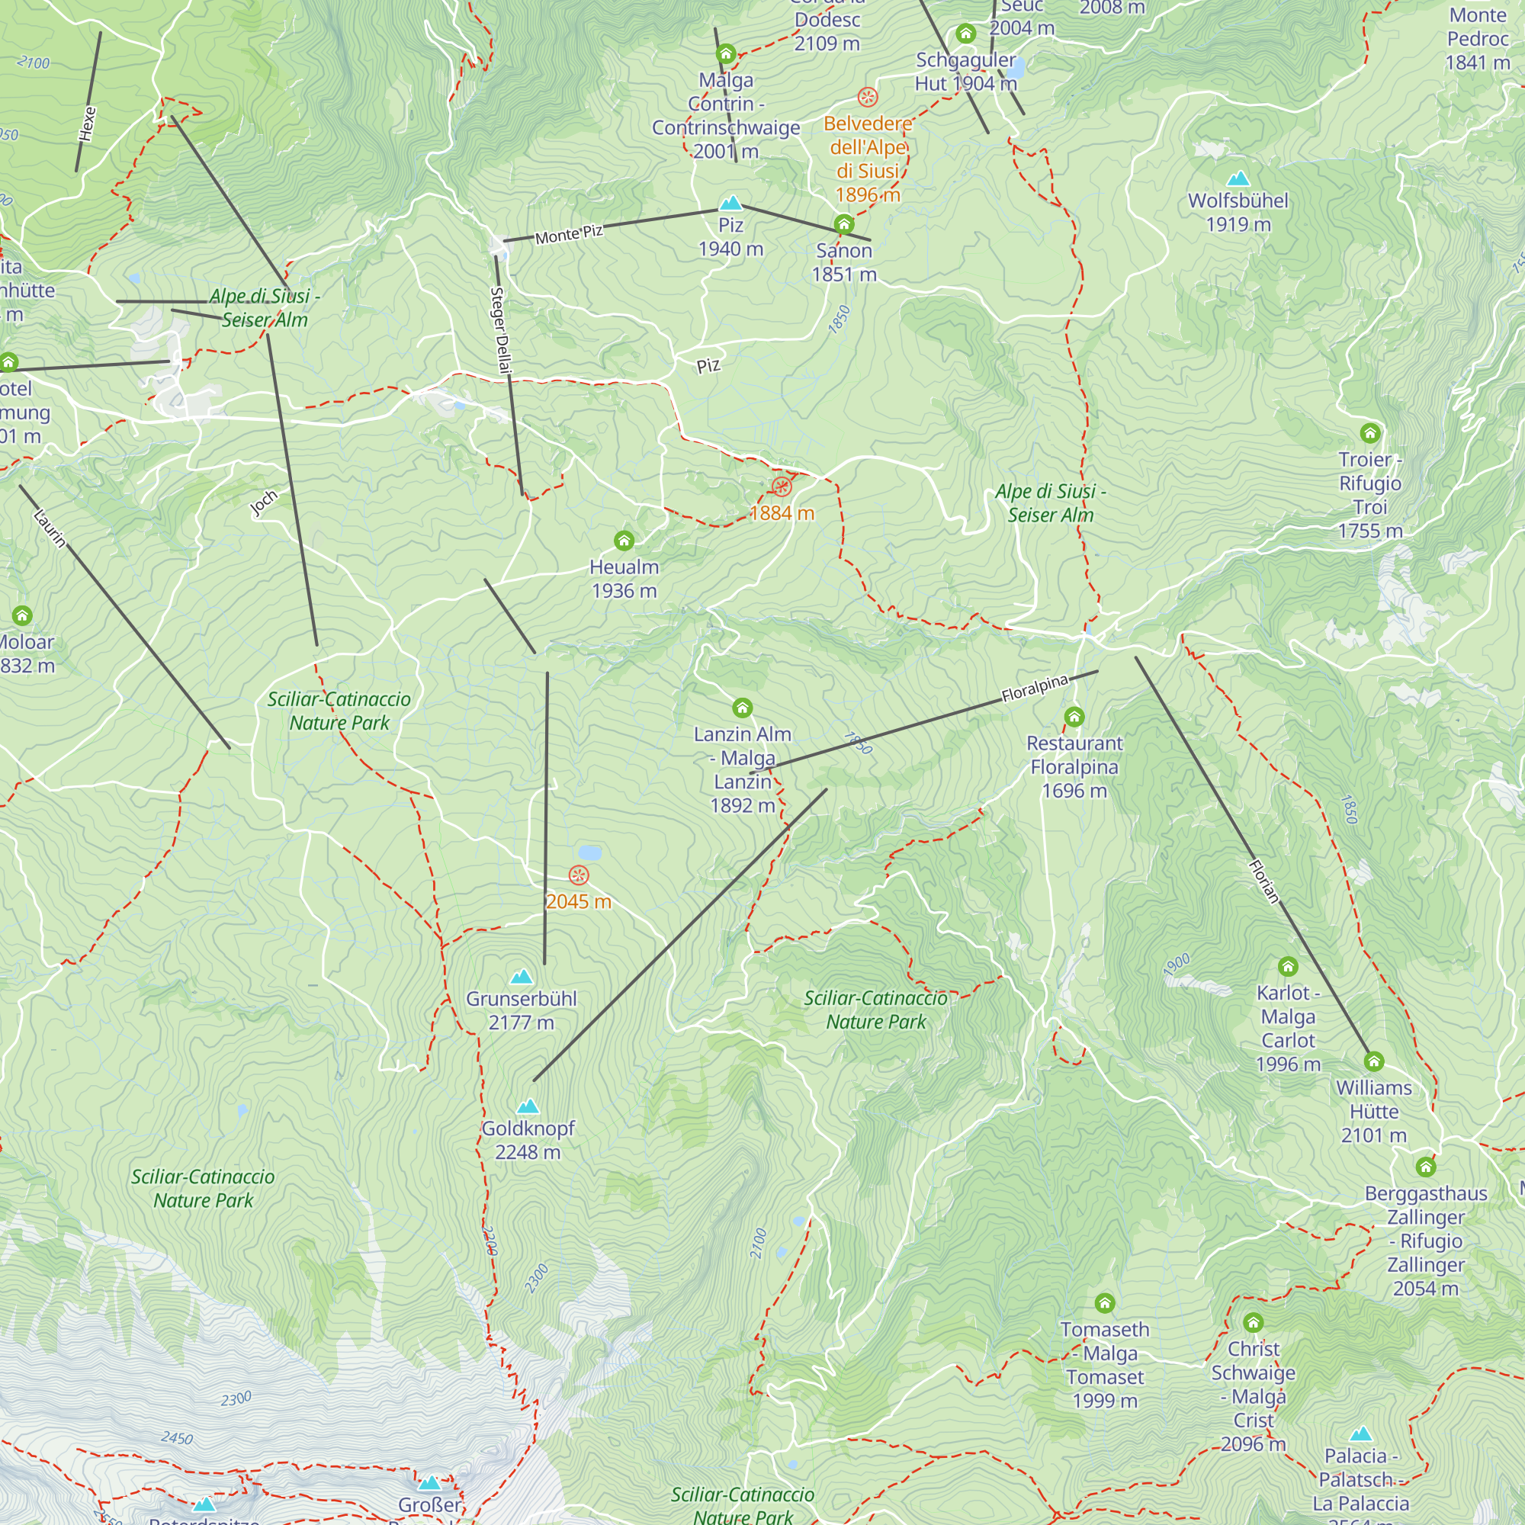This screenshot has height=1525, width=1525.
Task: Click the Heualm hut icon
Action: click(x=624, y=541)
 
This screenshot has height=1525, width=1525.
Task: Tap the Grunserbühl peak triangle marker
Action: click(x=522, y=978)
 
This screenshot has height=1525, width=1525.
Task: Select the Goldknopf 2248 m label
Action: click(x=528, y=1140)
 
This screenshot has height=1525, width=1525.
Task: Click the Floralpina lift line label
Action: click(x=1034, y=689)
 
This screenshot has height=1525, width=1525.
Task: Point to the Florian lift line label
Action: click(x=1263, y=881)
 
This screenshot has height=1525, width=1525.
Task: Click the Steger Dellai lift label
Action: click(x=501, y=330)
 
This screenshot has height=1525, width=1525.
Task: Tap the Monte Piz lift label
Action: click(x=569, y=234)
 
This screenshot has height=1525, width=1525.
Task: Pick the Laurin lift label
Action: click(x=50, y=528)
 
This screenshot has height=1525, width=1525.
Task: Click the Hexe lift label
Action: click(x=88, y=124)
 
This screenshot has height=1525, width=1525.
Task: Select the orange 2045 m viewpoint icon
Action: click(x=579, y=875)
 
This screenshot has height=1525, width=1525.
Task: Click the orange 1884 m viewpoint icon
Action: click(x=782, y=486)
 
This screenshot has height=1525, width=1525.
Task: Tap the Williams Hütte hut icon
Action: click(x=1373, y=1061)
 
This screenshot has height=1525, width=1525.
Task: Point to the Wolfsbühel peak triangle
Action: click(x=1238, y=179)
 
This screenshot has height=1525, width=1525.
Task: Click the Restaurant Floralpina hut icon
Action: click(x=1074, y=717)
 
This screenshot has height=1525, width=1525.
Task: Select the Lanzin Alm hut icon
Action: click(x=742, y=708)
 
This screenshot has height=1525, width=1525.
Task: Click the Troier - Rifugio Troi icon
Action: click(x=1370, y=432)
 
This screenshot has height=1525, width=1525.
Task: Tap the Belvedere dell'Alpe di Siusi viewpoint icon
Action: click(x=868, y=97)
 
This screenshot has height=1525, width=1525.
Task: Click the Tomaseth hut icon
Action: click(x=1104, y=1302)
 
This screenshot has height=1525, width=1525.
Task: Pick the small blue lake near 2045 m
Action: click(x=589, y=852)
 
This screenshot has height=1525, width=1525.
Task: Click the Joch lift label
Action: click(x=264, y=502)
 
